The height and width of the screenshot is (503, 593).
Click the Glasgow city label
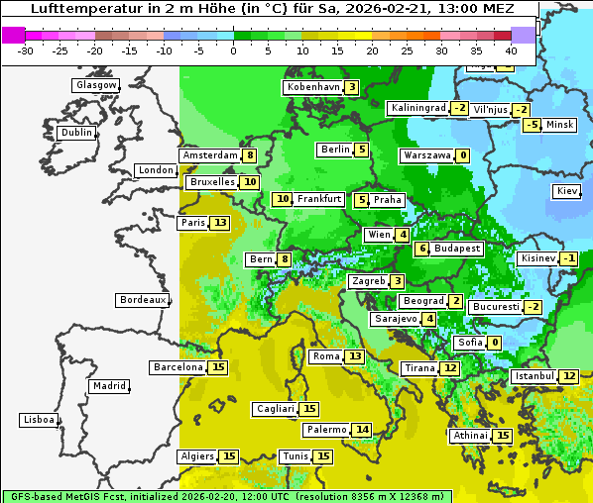coord(95,85)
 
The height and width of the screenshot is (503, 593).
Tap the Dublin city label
coord(75,133)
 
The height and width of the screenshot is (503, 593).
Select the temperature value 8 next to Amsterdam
coord(250,155)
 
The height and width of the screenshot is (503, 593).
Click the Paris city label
coord(192,223)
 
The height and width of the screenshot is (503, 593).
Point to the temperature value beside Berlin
coord(362,150)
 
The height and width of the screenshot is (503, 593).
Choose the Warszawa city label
coord(426,155)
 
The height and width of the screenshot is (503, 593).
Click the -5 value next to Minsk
coord(532,125)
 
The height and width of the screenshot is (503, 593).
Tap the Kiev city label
coord(567,191)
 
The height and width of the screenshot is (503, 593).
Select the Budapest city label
coord(457,249)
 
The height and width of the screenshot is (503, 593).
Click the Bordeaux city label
coord(143,300)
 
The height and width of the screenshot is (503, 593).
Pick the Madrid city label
coord(108,386)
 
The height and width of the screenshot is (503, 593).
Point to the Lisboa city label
coord(39,420)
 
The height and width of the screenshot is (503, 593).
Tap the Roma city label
coord(325,356)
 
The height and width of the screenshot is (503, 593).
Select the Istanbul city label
coord(534,376)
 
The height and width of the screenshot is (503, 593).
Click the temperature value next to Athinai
coord(503,436)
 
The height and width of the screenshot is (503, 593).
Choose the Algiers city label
coord(196,456)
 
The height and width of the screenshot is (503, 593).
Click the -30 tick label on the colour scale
coord(26,50)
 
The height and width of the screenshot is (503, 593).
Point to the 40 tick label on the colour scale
coord(511,50)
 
